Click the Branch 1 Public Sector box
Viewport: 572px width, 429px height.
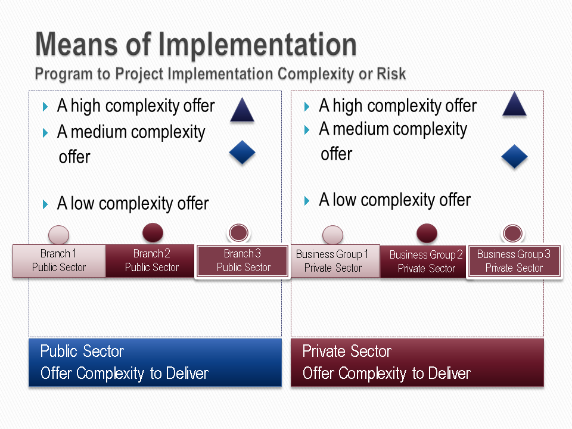click(x=59, y=261)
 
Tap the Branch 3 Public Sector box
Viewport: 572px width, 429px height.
click(x=243, y=261)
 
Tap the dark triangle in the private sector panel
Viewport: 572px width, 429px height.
click(x=514, y=104)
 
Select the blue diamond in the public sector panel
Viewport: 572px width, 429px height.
click(x=243, y=153)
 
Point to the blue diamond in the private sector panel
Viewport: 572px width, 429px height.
click(x=514, y=157)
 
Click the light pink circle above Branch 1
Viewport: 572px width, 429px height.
click(x=59, y=235)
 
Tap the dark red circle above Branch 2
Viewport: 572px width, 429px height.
click(x=153, y=232)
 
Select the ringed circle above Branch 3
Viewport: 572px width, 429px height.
click(x=239, y=233)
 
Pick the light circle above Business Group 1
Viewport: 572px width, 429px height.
click(x=332, y=235)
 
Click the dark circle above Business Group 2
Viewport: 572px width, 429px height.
click(x=427, y=233)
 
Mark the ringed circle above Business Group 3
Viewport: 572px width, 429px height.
click(x=513, y=234)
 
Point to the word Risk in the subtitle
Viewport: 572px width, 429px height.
click(x=391, y=74)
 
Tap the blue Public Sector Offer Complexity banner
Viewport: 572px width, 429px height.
click(x=156, y=362)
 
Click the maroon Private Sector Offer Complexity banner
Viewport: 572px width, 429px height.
click(x=417, y=362)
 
